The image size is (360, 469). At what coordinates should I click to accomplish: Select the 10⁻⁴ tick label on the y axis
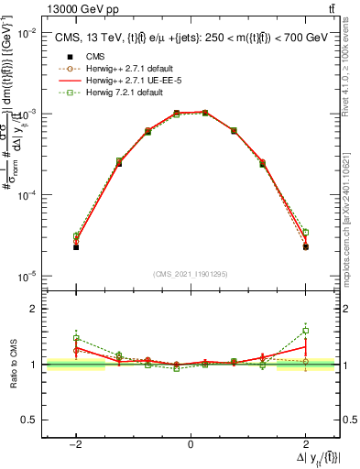26,195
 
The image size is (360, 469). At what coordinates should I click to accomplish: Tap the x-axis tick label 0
191,444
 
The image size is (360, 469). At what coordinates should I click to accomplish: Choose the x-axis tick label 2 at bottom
305,444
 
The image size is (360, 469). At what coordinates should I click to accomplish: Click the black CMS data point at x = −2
76,247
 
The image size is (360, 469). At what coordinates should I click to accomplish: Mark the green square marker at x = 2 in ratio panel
306,331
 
